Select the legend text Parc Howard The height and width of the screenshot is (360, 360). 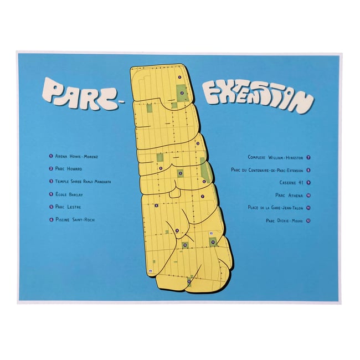point(69,168)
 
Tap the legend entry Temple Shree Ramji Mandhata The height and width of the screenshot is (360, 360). point(83,181)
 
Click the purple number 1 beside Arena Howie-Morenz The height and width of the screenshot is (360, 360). point(50,156)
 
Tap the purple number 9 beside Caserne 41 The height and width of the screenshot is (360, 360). point(308,182)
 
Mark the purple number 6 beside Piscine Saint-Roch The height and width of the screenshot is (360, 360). point(50,219)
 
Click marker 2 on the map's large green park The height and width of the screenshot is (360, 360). point(182,92)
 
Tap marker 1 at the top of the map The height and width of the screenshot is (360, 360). point(179,77)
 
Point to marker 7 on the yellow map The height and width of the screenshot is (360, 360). point(203,196)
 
